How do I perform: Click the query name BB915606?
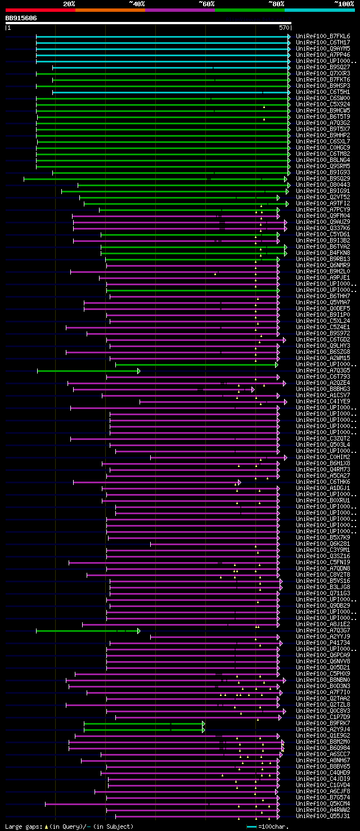[21, 19]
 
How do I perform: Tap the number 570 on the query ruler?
[284, 27]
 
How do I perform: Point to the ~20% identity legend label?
[69, 4]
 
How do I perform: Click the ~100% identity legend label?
[343, 4]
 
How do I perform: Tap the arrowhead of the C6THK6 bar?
[239, 482]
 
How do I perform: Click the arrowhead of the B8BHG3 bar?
[253, 389]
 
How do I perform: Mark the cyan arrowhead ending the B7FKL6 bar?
[289, 36]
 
